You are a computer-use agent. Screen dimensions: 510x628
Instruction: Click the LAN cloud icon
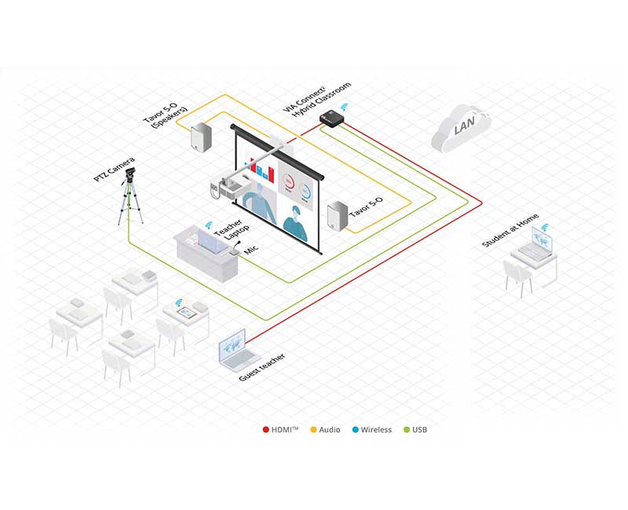(x=461, y=128)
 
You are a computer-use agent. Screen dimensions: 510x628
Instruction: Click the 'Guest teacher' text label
(x=262, y=368)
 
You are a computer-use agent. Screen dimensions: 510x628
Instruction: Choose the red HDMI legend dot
(x=265, y=429)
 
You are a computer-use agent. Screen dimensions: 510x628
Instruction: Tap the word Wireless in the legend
(x=376, y=429)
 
